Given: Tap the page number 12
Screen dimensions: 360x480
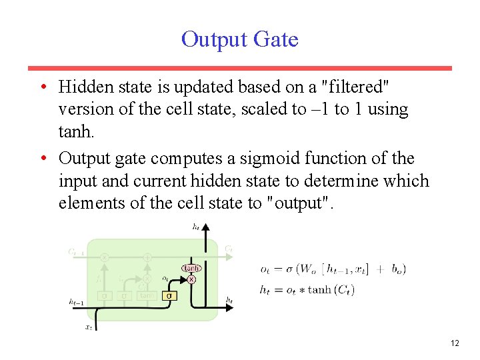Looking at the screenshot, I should [455, 343].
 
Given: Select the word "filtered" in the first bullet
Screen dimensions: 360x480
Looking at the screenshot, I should [356, 87].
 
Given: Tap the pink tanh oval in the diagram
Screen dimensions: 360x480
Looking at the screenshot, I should [192, 268].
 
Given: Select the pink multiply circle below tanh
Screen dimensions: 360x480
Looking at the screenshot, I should [192, 279].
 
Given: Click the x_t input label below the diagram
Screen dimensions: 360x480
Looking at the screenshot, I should [88, 327].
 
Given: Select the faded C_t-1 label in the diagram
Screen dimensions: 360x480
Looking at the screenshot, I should [76, 251].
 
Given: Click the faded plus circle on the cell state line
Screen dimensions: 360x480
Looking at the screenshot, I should [147, 257].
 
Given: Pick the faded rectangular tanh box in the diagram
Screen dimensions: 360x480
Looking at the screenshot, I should [146, 295].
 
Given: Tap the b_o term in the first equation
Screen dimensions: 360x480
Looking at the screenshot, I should [398, 269].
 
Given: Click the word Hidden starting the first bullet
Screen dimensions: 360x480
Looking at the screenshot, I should [82, 87].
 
